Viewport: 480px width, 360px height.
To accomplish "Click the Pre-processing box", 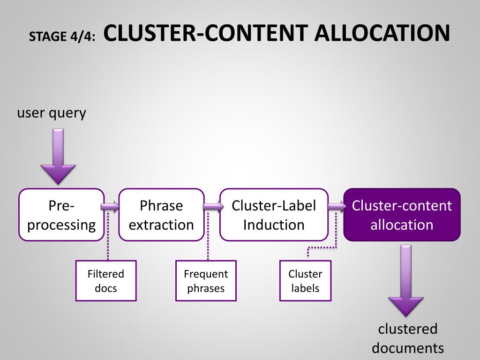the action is tap(61, 215).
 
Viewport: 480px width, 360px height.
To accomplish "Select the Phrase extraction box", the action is tap(161, 215).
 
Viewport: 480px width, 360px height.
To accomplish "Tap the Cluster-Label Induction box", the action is tap(274, 215).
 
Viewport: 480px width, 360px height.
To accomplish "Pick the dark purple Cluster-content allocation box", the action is tap(402, 215).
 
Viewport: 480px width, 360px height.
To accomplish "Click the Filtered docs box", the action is tap(106, 281).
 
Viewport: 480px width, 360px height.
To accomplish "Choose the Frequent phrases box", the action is tap(206, 281).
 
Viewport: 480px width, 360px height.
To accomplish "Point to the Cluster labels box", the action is tap(306, 281).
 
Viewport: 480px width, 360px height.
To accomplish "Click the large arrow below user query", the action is tap(58, 156).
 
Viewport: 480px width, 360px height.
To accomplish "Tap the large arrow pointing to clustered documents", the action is tap(406, 280).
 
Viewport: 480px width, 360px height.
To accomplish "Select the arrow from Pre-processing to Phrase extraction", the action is tap(110, 206).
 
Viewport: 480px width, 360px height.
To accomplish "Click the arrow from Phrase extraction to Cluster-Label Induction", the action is tap(213, 206).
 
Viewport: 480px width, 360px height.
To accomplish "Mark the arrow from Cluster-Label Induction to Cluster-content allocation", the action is tap(337, 206).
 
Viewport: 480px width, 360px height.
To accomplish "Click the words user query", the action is tap(52, 113).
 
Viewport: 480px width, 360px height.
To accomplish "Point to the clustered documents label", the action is tap(408, 338).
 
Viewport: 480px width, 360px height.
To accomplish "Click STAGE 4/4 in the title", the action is tap(62, 37).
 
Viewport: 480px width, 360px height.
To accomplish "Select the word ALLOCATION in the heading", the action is tap(382, 33).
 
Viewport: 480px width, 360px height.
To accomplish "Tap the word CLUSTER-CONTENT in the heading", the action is tap(206, 33).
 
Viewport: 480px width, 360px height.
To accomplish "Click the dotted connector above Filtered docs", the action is tap(108, 236).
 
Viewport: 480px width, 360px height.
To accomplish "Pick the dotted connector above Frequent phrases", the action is tap(208, 236).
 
